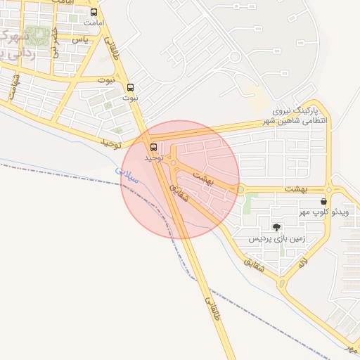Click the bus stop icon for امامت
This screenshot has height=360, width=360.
pyautogui.click(x=94, y=12)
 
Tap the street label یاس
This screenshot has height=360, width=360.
pyautogui.click(x=82, y=40)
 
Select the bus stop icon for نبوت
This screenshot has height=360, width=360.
pyautogui.click(x=130, y=87)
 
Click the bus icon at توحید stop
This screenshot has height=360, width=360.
pyautogui.click(x=154, y=147)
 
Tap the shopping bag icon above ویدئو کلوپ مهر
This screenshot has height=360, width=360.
pyautogui.click(x=323, y=201)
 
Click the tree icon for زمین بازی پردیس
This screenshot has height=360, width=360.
pyautogui.click(x=277, y=226)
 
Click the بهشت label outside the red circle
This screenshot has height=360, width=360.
pyautogui.click(x=297, y=190)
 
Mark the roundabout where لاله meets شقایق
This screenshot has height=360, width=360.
pyautogui.click(x=283, y=284)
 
